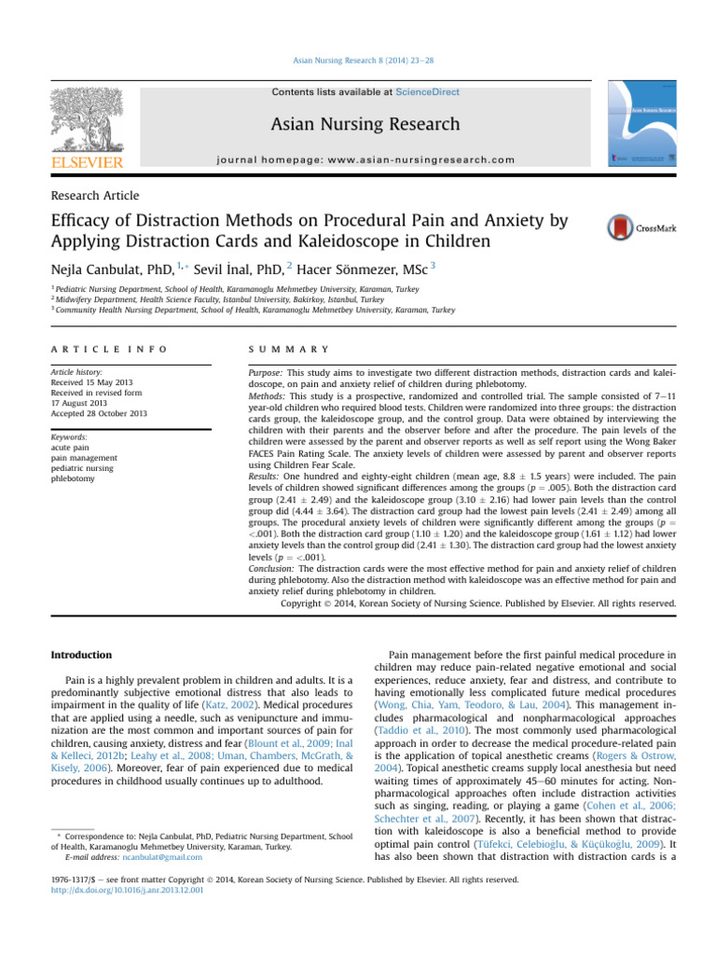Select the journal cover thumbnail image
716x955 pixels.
click(x=643, y=125)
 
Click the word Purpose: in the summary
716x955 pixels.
click(x=264, y=370)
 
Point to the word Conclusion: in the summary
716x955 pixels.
click(x=270, y=567)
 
